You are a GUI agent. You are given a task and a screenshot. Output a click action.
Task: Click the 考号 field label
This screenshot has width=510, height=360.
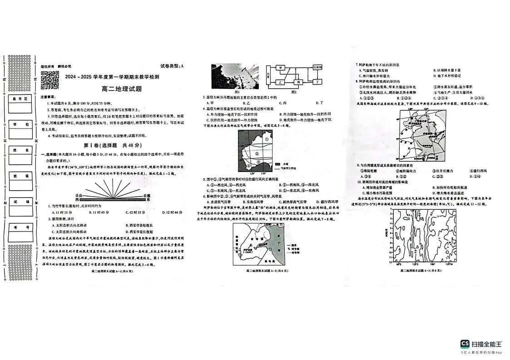[20, 227]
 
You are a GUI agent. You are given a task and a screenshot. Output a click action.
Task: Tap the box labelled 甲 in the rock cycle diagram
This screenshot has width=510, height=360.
[281, 68]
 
